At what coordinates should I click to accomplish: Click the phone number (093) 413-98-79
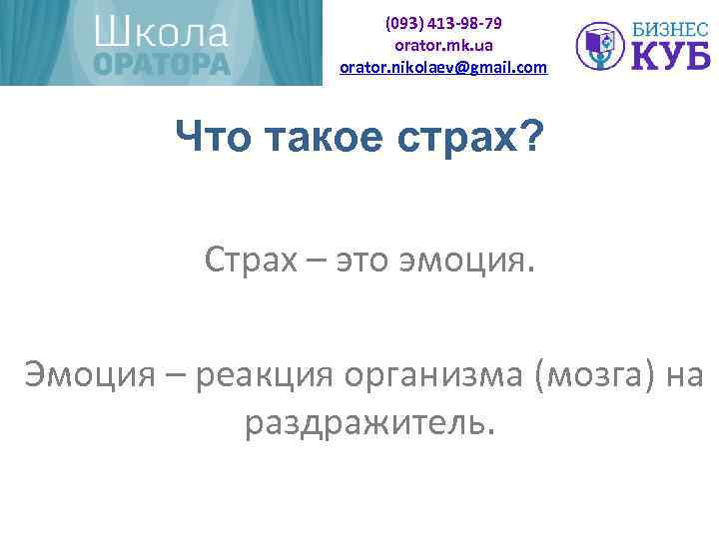point(443,22)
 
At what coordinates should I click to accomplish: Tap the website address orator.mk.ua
point(443,45)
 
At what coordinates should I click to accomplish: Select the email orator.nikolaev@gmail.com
point(443,67)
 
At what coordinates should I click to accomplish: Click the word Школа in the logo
point(161,33)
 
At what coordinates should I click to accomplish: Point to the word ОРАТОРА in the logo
point(162,64)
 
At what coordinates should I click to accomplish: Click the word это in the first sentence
point(363,263)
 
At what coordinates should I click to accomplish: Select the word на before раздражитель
point(682,376)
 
